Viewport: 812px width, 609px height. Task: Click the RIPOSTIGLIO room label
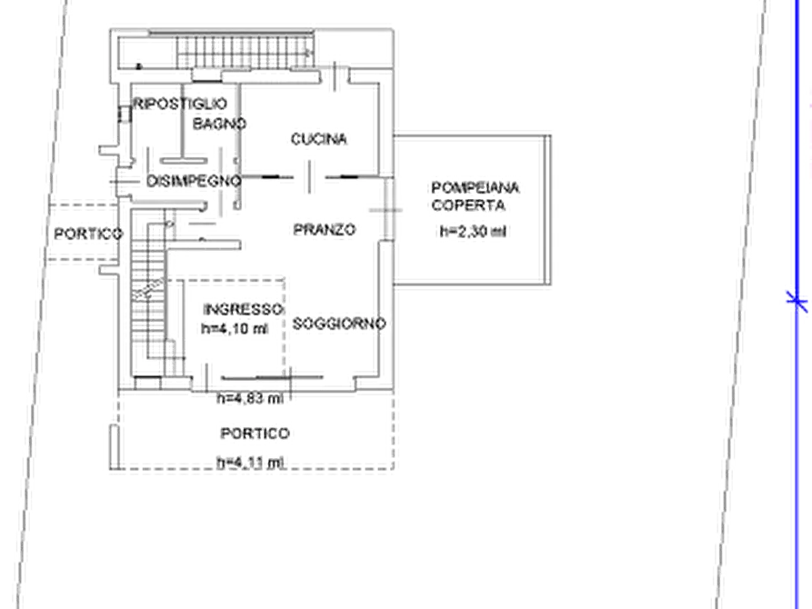(180, 104)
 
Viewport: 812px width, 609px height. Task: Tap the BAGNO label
(219, 124)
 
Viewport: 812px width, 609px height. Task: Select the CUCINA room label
(318, 139)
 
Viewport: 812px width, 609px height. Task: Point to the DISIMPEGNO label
(194, 181)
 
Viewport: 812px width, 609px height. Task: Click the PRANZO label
(325, 229)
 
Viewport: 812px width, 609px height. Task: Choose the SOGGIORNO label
(339, 324)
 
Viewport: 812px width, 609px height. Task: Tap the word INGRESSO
(243, 310)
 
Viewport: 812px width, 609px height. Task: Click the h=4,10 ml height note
(235, 328)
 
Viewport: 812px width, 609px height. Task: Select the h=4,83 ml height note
(250, 398)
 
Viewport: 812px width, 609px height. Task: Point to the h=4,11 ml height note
(251, 463)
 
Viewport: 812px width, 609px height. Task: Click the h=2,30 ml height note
(473, 231)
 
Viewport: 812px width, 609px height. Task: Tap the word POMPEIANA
(475, 187)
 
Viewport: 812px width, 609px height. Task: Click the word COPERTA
(468, 205)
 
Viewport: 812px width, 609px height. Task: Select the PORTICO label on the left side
(88, 234)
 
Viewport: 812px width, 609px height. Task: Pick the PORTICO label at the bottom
(255, 434)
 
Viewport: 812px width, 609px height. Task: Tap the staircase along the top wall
(245, 52)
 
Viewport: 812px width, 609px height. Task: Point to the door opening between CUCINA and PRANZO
(310, 176)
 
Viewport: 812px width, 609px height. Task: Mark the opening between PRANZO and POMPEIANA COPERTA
(386, 210)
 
